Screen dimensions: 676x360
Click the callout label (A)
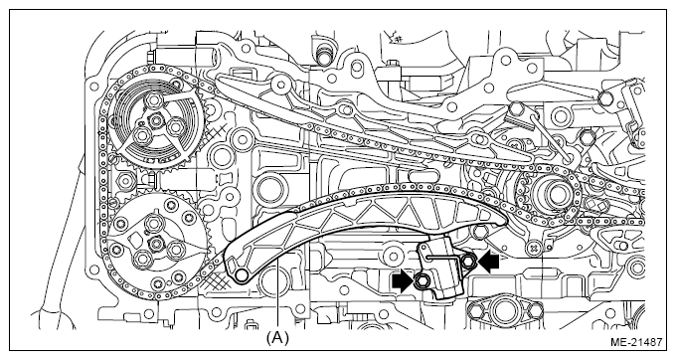276,338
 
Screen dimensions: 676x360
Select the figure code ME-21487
636,342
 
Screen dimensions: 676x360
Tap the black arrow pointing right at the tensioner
403,281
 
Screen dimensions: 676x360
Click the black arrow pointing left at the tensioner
488,262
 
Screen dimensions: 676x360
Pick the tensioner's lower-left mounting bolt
421,282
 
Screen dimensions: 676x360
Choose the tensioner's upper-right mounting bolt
469,261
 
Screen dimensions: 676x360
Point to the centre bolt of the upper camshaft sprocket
154,120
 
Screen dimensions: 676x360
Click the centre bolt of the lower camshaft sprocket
155,244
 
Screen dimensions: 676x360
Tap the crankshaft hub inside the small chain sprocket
553,192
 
